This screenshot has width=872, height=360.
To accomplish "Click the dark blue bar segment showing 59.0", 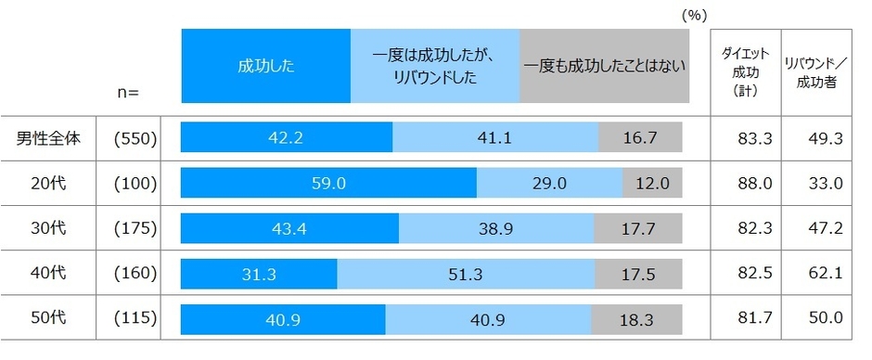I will pos(328,184).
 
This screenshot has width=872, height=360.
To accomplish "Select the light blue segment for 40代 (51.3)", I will pos(466,274).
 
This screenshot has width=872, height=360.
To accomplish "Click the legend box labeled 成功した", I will pos(265,65).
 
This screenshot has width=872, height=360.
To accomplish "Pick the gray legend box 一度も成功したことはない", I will pos(605,65).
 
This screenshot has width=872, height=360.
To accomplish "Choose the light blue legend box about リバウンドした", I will pos(435,65).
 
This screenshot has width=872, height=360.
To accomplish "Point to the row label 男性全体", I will pos(51,139).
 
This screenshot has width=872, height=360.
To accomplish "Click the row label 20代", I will pos(51,184).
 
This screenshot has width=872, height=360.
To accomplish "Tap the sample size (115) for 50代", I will pos(136,318).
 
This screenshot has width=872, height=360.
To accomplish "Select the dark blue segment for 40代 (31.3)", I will pos(259,274).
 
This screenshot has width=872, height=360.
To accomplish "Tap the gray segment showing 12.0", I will pos(652,184).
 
